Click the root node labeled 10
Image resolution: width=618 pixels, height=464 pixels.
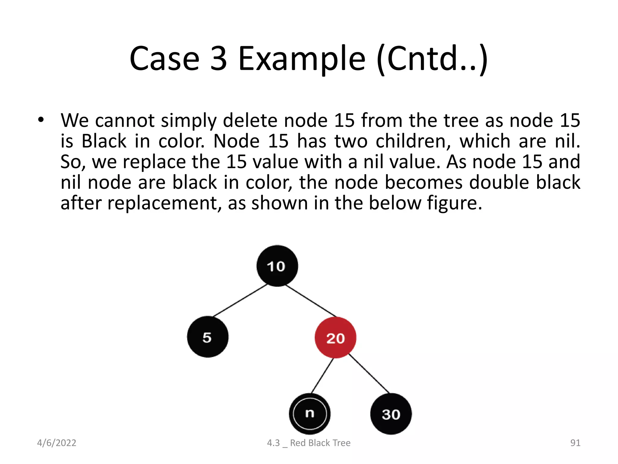pos(277,266)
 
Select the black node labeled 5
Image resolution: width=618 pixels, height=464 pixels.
pos(208,337)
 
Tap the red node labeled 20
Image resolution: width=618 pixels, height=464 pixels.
pos(335,338)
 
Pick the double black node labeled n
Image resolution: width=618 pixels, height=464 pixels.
pos(310,414)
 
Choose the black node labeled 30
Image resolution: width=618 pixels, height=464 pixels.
pos(391,414)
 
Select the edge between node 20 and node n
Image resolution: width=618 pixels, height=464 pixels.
pos(322,375)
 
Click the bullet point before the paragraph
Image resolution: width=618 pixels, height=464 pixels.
pos(41,120)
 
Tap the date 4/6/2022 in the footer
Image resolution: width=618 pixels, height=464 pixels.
pos(56,443)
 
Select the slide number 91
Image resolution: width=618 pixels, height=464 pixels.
pos(575,443)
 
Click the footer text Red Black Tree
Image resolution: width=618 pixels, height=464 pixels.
pos(320,443)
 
